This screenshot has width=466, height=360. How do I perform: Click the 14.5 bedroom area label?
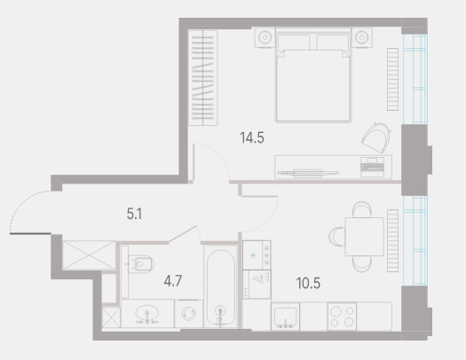tap(252, 138)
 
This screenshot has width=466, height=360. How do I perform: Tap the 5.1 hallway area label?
tap(134, 214)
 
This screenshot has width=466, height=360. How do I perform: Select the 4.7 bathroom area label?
tap(173, 281)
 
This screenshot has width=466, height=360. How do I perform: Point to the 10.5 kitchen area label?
tap(308, 284)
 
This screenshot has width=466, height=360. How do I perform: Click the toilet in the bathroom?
tap(141, 263)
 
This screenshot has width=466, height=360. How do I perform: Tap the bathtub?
tap(220, 286)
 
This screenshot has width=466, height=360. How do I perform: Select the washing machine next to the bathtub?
tap(189, 314)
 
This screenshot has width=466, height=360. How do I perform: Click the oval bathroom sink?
tap(147, 313)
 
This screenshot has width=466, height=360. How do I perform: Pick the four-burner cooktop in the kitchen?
tap(342, 317)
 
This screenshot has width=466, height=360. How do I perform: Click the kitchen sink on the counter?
tap(285, 317)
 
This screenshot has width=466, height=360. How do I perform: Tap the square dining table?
tap(364, 237)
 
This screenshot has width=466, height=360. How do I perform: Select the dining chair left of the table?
tap(336, 237)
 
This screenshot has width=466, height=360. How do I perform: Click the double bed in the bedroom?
tap(313, 75)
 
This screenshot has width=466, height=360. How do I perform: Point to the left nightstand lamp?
tap(265, 38)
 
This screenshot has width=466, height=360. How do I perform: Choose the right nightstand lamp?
tap(361, 38)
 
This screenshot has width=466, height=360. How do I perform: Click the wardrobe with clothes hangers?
tap(203, 78)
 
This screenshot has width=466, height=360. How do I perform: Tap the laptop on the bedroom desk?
tap(373, 167)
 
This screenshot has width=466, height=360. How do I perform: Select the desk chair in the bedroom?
tap(376, 137)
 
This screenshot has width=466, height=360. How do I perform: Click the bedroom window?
tap(415, 79)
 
